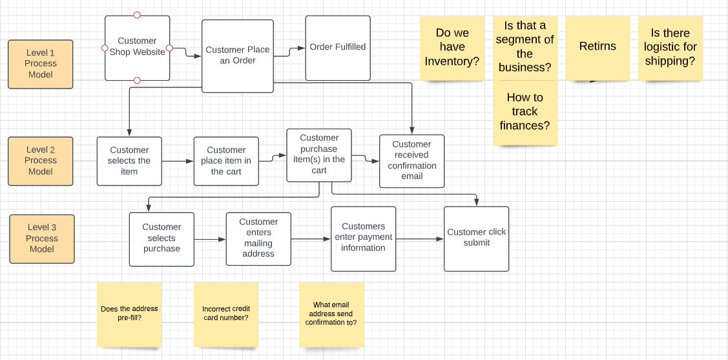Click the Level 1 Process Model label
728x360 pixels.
pos(41,64)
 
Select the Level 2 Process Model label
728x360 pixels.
pos(41,161)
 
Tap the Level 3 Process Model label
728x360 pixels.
pos(42,238)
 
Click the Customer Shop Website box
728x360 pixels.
pos(137,48)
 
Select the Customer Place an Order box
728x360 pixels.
pos(237,56)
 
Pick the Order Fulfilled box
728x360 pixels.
pos(338,48)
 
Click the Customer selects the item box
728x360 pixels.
pos(129,161)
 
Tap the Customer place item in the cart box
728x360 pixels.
pos(226,161)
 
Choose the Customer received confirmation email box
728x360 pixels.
pos(411,161)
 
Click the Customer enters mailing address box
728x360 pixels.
pos(258,238)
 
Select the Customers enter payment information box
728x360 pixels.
pos(363,238)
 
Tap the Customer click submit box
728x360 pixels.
pos(476,238)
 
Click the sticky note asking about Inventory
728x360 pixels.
pos(452,48)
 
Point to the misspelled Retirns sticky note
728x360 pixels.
pos(598,48)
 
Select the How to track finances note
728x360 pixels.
pos(525,112)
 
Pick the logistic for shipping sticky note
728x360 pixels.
pos(670,48)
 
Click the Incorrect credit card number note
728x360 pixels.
pos(226,314)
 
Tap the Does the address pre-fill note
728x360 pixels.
pos(129,314)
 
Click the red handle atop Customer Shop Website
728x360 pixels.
pos(137,15)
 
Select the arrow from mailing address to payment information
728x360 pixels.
pos(310,239)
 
